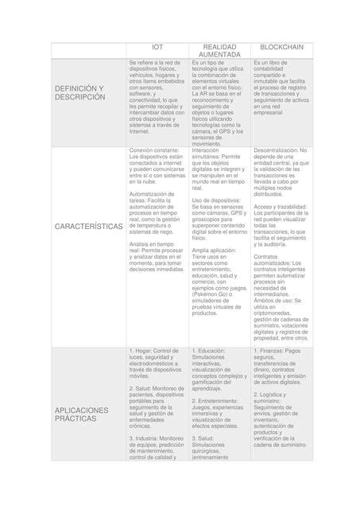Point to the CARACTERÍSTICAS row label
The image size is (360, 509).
[88, 227]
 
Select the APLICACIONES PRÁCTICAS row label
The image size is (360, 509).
[82, 414]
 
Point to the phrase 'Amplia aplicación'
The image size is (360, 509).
[214, 250]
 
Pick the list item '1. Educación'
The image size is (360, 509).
[208, 352]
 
